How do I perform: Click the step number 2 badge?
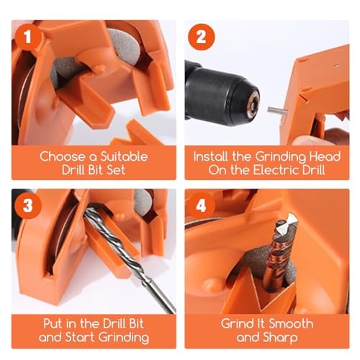coord(202,37)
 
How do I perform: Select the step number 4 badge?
coord(202,206)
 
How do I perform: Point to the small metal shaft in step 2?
coord(274,109)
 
